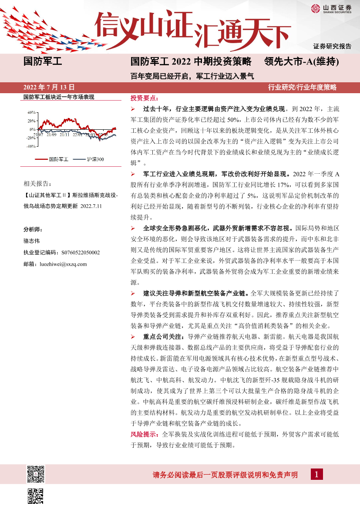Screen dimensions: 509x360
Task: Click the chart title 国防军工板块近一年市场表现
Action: click(x=58, y=97)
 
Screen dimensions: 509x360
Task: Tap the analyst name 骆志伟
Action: click(x=32, y=240)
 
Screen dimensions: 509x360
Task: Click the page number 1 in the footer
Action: click(x=316, y=474)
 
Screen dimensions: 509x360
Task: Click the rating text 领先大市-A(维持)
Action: click(x=302, y=62)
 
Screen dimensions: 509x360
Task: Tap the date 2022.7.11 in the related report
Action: click(x=91, y=206)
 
